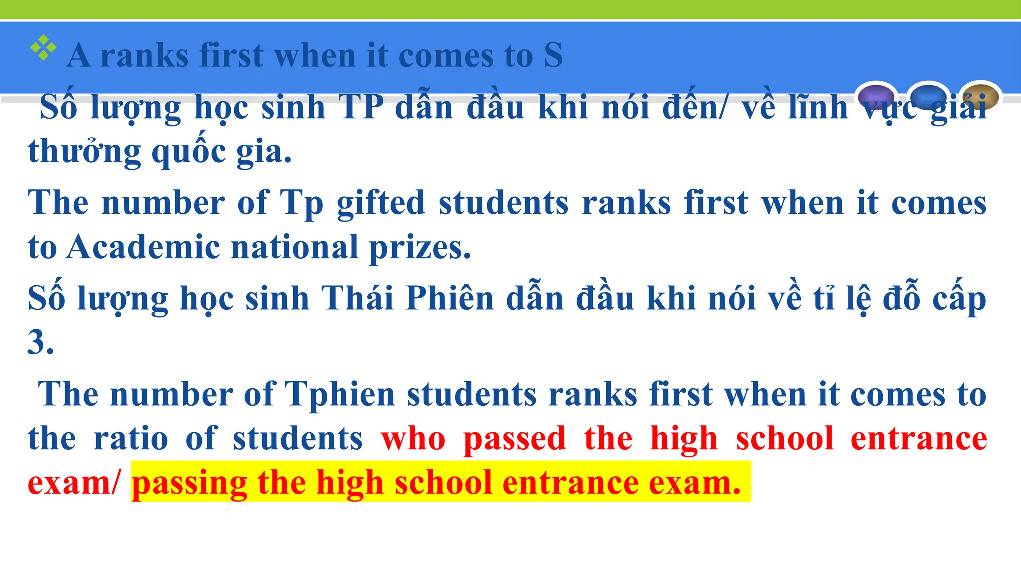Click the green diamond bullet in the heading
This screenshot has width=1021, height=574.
pos(43,48)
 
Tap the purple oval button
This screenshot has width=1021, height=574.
pos(876,96)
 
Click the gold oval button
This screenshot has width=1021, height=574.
pos(980,96)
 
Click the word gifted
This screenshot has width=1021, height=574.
pos(380,203)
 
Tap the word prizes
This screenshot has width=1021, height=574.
pos(419,248)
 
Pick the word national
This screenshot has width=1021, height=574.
pos(295,247)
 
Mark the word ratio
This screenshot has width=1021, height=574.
pos(131,439)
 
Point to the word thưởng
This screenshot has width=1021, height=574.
pos(84,151)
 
